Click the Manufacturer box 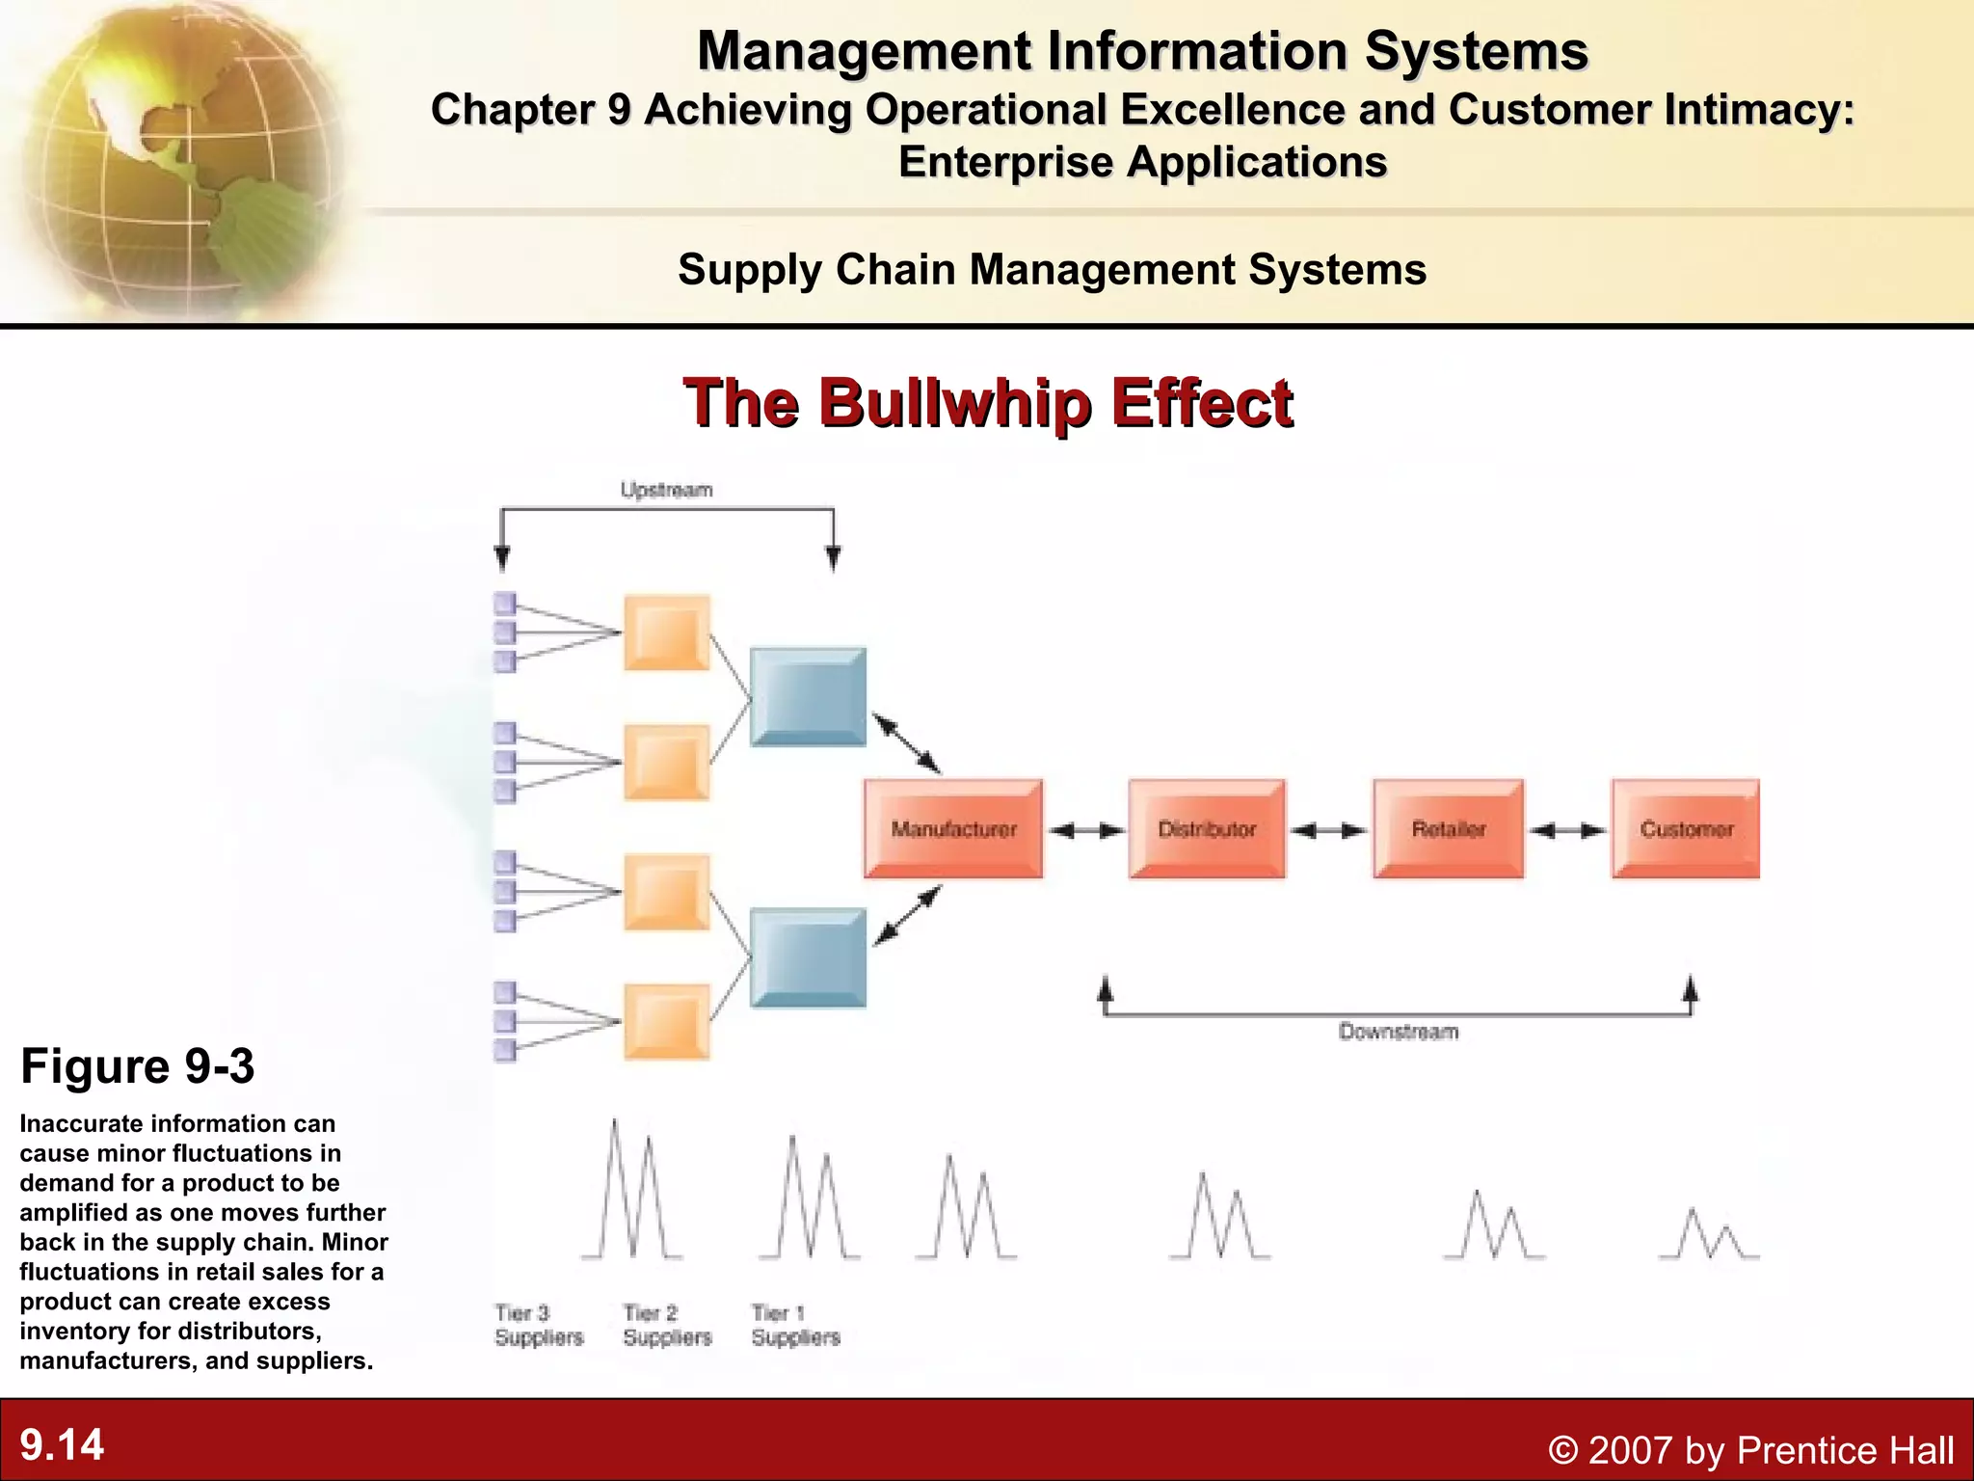pyautogui.click(x=953, y=829)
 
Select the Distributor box pyautogui.click(x=1207, y=829)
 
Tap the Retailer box pyautogui.click(x=1449, y=829)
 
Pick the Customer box pyautogui.click(x=1686, y=829)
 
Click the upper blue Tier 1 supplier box pyautogui.click(x=808, y=696)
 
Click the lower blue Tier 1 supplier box pyautogui.click(x=808, y=957)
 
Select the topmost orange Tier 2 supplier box pyautogui.click(x=667, y=633)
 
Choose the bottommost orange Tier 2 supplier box pyautogui.click(x=667, y=1022)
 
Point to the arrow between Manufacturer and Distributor pyautogui.click(x=1086, y=830)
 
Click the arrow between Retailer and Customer pyautogui.click(x=1568, y=830)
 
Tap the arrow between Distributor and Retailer pyautogui.click(x=1328, y=830)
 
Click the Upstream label pyautogui.click(x=666, y=490)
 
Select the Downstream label pyautogui.click(x=1398, y=1032)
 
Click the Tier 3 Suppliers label pyautogui.click(x=539, y=1325)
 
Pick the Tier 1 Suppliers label pyautogui.click(x=795, y=1325)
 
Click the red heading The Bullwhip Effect pyautogui.click(x=988, y=402)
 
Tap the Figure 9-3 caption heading pyautogui.click(x=138, y=1066)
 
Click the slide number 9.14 pyautogui.click(x=62, y=1444)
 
